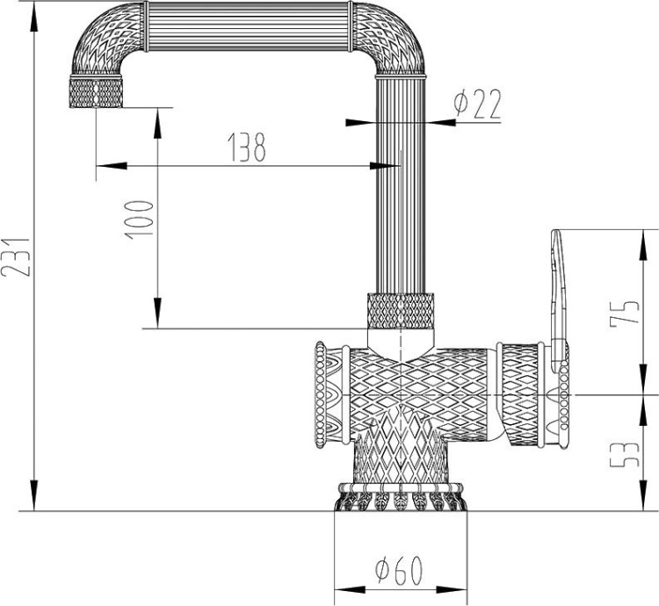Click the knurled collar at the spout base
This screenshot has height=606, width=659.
tap(400, 310)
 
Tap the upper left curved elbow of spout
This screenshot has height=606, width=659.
tap(101, 44)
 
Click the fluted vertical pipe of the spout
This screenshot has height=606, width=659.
tap(401, 184)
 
